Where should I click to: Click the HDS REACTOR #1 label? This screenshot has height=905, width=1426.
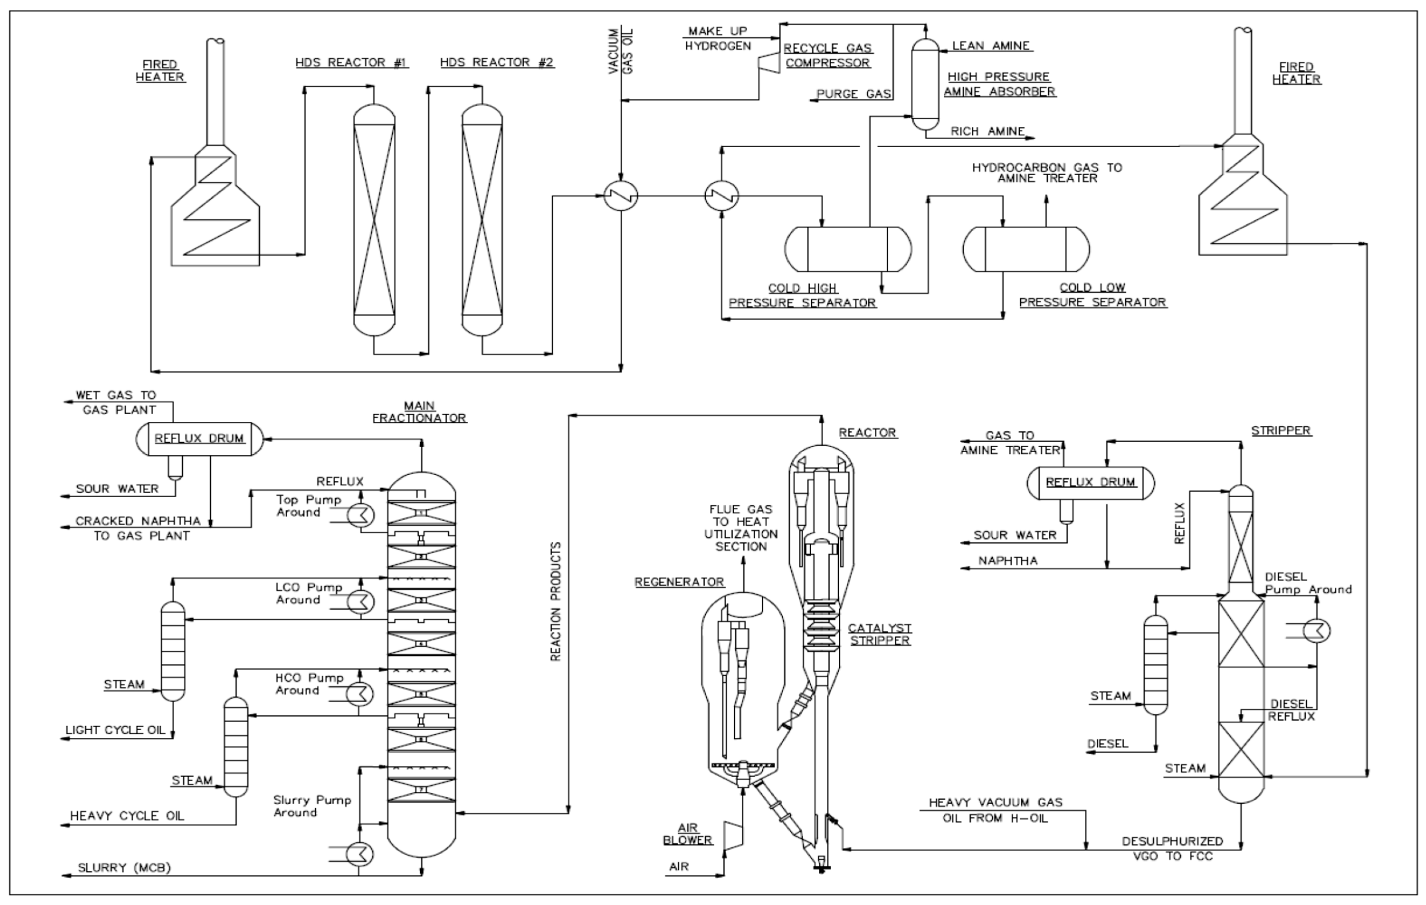[352, 62]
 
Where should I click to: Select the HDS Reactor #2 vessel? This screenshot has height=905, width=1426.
[482, 220]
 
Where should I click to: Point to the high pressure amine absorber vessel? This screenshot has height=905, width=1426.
[925, 84]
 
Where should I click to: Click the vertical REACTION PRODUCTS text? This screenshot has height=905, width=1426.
[556, 601]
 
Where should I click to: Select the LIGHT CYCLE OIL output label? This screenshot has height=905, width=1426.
[116, 730]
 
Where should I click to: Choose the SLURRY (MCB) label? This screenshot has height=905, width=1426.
[124, 868]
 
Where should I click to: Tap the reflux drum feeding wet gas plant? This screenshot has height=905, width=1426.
[199, 438]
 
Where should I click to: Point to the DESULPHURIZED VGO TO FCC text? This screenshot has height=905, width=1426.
[1173, 848]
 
